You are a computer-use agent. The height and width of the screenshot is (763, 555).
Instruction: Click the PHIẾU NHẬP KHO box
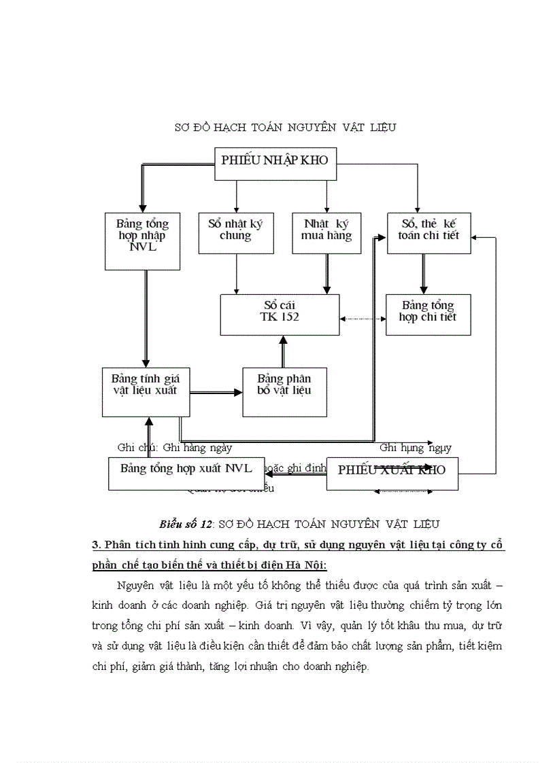tap(275, 164)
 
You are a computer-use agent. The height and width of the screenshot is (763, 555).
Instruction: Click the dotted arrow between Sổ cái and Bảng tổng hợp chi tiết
tap(362, 318)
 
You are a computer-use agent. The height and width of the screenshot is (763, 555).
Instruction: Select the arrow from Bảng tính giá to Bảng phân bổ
tap(216, 393)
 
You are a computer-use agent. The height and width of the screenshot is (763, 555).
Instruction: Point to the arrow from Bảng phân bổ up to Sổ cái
tap(284, 351)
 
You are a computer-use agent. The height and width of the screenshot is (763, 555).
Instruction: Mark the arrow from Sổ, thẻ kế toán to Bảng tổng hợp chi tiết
tap(423, 274)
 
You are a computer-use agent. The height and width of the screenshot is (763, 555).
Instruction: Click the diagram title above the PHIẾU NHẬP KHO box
tap(285, 127)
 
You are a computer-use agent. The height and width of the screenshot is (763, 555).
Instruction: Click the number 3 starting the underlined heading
tap(95, 546)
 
